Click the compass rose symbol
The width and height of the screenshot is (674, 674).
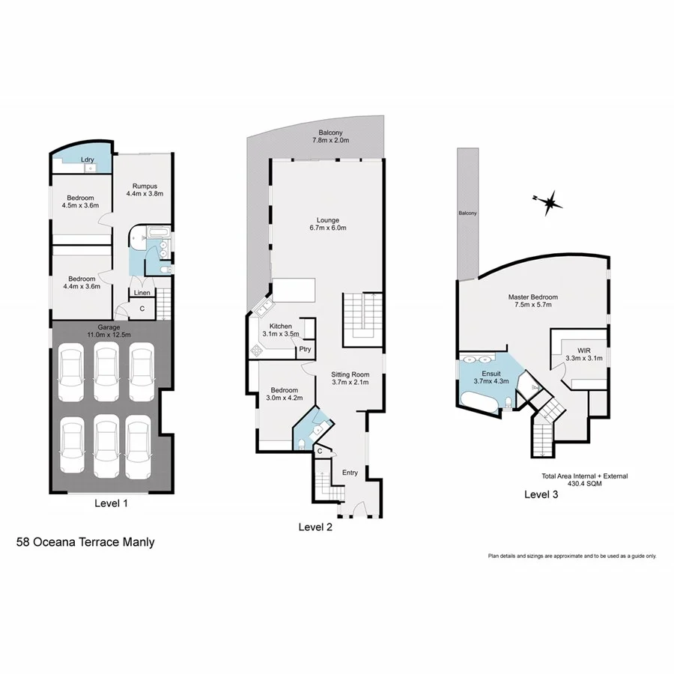(550, 201)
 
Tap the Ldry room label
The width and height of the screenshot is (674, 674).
(87, 160)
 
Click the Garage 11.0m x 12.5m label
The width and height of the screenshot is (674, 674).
(109, 331)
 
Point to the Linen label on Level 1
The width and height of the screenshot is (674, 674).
(142, 293)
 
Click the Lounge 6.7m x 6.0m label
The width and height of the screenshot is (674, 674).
(328, 224)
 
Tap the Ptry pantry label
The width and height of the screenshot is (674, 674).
(305, 349)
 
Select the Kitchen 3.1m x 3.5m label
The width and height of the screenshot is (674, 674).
(279, 330)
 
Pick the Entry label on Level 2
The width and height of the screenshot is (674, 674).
(350, 473)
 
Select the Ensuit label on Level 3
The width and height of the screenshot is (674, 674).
(491, 377)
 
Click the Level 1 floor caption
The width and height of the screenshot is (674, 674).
(112, 504)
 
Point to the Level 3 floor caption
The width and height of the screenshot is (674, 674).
(541, 494)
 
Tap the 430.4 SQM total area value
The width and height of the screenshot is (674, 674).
(584, 484)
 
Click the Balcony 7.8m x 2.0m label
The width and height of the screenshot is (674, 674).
(330, 136)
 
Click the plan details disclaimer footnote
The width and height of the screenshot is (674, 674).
(572, 556)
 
